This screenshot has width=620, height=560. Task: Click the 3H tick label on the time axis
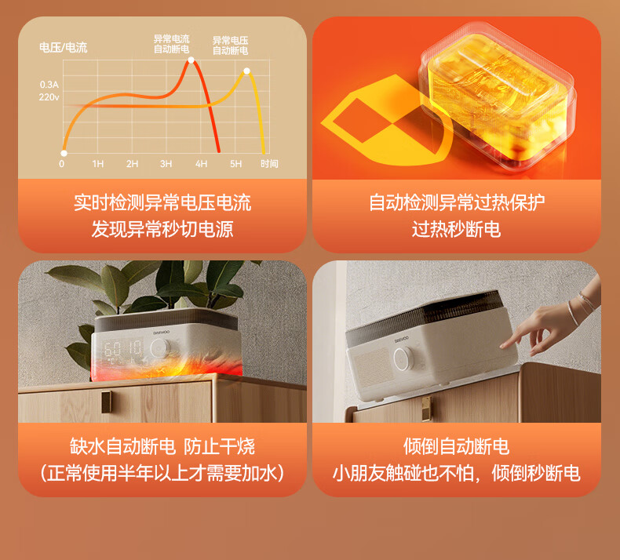tap(166, 164)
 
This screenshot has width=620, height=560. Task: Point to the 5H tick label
tap(235, 164)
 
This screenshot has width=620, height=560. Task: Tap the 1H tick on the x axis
tap(97, 164)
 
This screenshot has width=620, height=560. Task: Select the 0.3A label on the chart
tap(49, 85)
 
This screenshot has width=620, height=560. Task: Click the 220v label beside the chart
tap(49, 97)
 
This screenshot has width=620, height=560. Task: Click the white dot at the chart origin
tap(64, 153)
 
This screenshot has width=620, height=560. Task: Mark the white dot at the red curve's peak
tap(191, 60)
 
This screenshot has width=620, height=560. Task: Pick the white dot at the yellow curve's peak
tap(246, 71)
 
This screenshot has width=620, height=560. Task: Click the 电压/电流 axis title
tap(64, 48)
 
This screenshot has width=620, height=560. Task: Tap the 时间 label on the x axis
tap(269, 164)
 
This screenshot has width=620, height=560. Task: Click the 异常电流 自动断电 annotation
tap(172, 44)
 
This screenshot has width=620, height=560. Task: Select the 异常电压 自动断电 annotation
tap(230, 45)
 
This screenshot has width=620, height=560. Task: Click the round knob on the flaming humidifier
tap(159, 348)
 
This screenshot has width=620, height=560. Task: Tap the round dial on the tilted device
tap(403, 358)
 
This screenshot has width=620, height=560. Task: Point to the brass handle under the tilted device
tap(426, 409)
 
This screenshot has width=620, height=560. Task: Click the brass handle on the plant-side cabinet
tap(107, 402)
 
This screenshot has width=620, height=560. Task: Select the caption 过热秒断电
tap(456, 230)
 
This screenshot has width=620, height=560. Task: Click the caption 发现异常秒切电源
tap(162, 230)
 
